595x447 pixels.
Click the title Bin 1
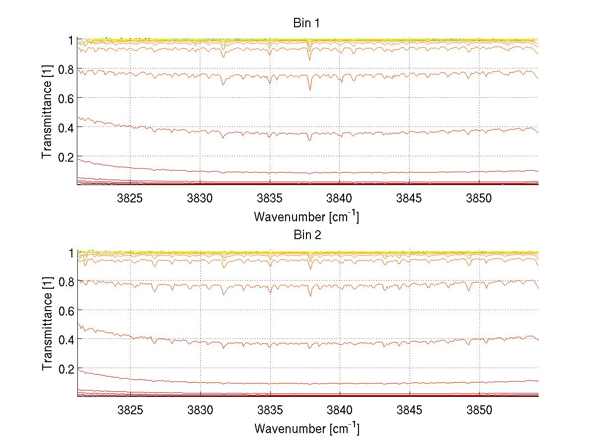(307, 23)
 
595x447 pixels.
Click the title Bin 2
(307, 235)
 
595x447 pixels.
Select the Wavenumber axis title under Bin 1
(306, 216)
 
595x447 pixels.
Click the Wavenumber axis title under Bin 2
(306, 428)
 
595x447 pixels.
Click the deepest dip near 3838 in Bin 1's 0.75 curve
(310, 90)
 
